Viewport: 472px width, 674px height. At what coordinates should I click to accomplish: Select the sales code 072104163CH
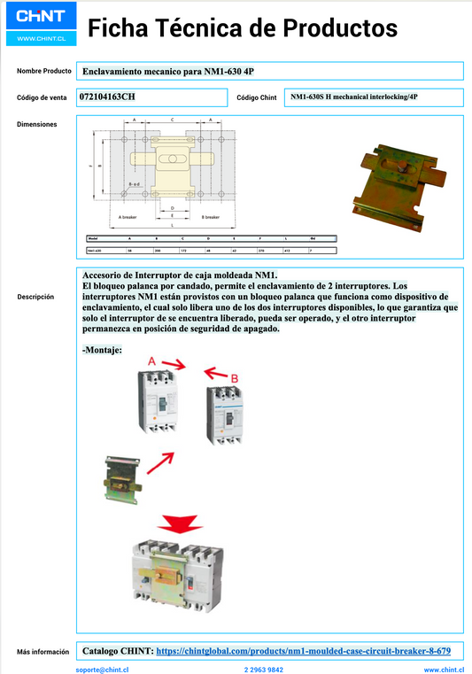(x=108, y=96)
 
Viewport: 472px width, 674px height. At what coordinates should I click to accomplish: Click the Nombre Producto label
(x=43, y=70)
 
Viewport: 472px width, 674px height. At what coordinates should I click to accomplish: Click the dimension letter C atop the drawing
(x=172, y=119)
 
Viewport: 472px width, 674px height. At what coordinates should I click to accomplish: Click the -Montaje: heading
(x=102, y=350)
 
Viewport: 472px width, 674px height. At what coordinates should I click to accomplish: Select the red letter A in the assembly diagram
(x=152, y=361)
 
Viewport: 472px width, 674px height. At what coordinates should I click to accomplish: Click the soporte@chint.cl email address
(x=104, y=670)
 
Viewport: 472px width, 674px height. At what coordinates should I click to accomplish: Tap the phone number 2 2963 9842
(x=264, y=670)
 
